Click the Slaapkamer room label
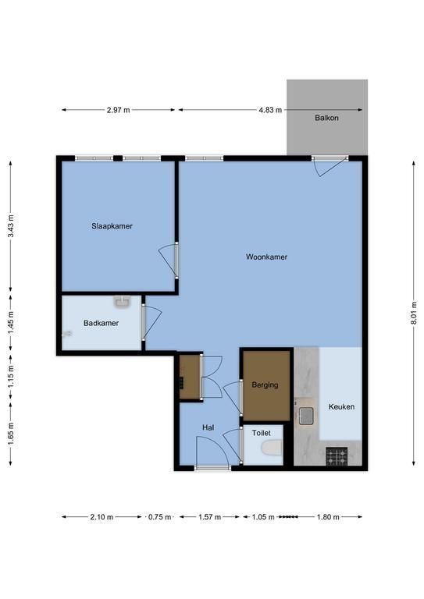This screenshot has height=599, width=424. [x=112, y=226]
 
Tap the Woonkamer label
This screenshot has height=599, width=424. [x=266, y=257]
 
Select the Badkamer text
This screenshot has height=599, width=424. [x=101, y=323]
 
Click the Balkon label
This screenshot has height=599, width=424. [x=326, y=118]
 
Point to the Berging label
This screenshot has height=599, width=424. [x=265, y=385]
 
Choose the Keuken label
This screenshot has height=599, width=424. [x=341, y=407]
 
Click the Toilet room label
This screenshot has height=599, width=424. [x=261, y=433]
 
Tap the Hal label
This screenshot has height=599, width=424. [x=208, y=428]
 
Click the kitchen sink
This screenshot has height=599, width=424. [x=306, y=416]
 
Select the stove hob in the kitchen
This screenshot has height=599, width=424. [x=337, y=456]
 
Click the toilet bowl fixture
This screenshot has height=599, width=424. [x=272, y=448]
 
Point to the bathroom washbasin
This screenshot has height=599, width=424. [x=123, y=301]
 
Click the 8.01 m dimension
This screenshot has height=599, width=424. [x=414, y=314]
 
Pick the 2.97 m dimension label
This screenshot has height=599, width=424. [x=118, y=110]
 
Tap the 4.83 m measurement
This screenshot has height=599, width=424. [x=270, y=110]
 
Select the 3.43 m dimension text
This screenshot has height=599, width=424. [x=11, y=225]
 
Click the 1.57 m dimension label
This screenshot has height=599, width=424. [x=209, y=517]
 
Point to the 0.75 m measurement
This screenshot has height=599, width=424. [x=160, y=517]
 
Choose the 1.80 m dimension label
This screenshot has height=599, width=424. [x=328, y=517]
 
